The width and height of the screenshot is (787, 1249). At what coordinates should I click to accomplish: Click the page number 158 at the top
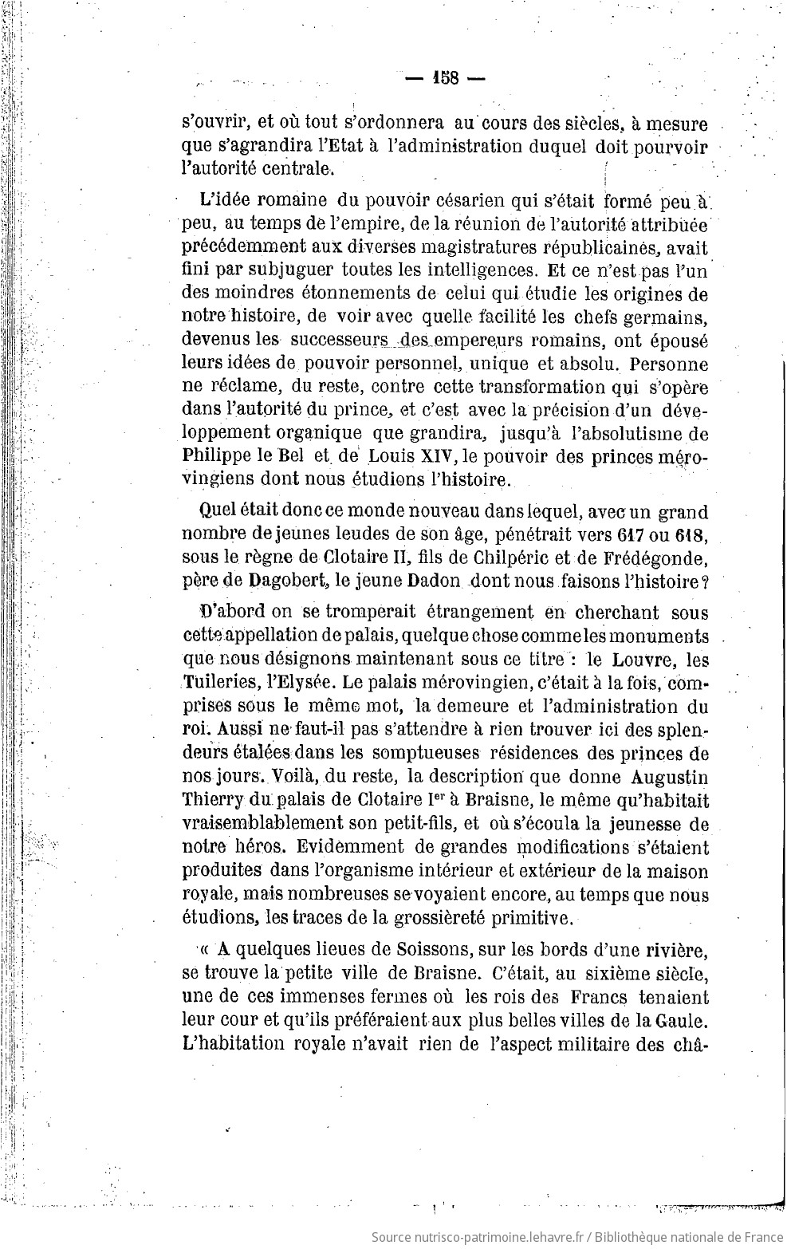(445, 77)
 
